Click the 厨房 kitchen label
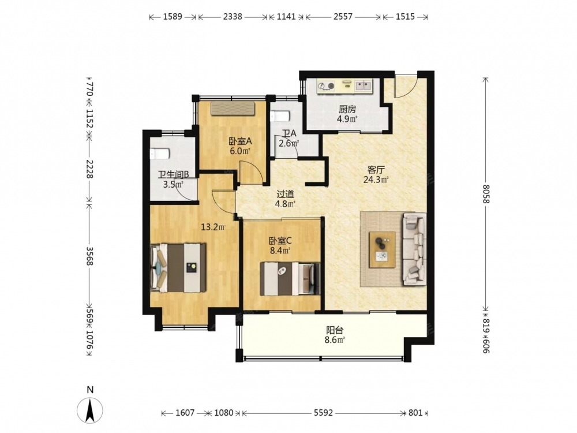[x=348, y=109]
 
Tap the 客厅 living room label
[x=376, y=170]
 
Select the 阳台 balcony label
[x=335, y=330]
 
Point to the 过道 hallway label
[x=285, y=194]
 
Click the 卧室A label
[x=240, y=141]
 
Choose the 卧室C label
[x=280, y=241]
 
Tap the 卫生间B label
[x=173, y=174]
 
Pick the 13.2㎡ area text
[x=213, y=227]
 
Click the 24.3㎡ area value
[x=376, y=180]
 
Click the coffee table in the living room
[x=383, y=249]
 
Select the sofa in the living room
[x=415, y=249]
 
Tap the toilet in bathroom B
[x=160, y=154]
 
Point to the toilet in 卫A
[x=280, y=117]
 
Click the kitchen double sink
[x=364, y=86]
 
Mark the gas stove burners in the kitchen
[x=327, y=87]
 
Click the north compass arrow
[x=90, y=410]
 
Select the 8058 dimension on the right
[x=486, y=194]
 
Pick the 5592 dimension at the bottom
[x=324, y=413]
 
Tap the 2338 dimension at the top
[x=233, y=17]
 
